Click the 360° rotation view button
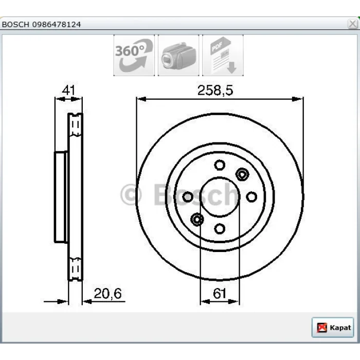coord(134,56)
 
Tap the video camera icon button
coord(178,56)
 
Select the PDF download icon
coord(223,56)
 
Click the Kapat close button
coord(333,327)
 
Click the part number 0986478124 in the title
coord(57,24)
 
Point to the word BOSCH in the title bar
coord(15,24)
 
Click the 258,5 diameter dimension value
coord(215,90)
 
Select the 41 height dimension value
coord(68,90)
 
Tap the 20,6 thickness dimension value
coord(107,294)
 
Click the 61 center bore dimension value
coord(220,294)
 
